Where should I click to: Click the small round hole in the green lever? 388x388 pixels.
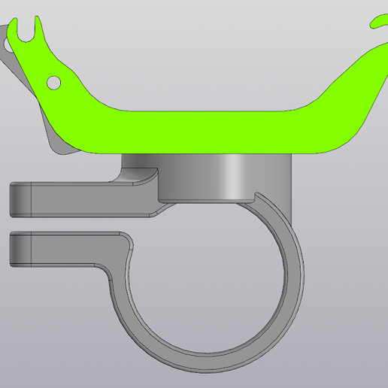point(54,81)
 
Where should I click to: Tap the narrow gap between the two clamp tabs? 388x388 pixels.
point(60,223)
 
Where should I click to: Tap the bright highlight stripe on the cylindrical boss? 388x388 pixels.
point(237,177)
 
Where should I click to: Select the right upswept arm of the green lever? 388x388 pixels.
point(353,90)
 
